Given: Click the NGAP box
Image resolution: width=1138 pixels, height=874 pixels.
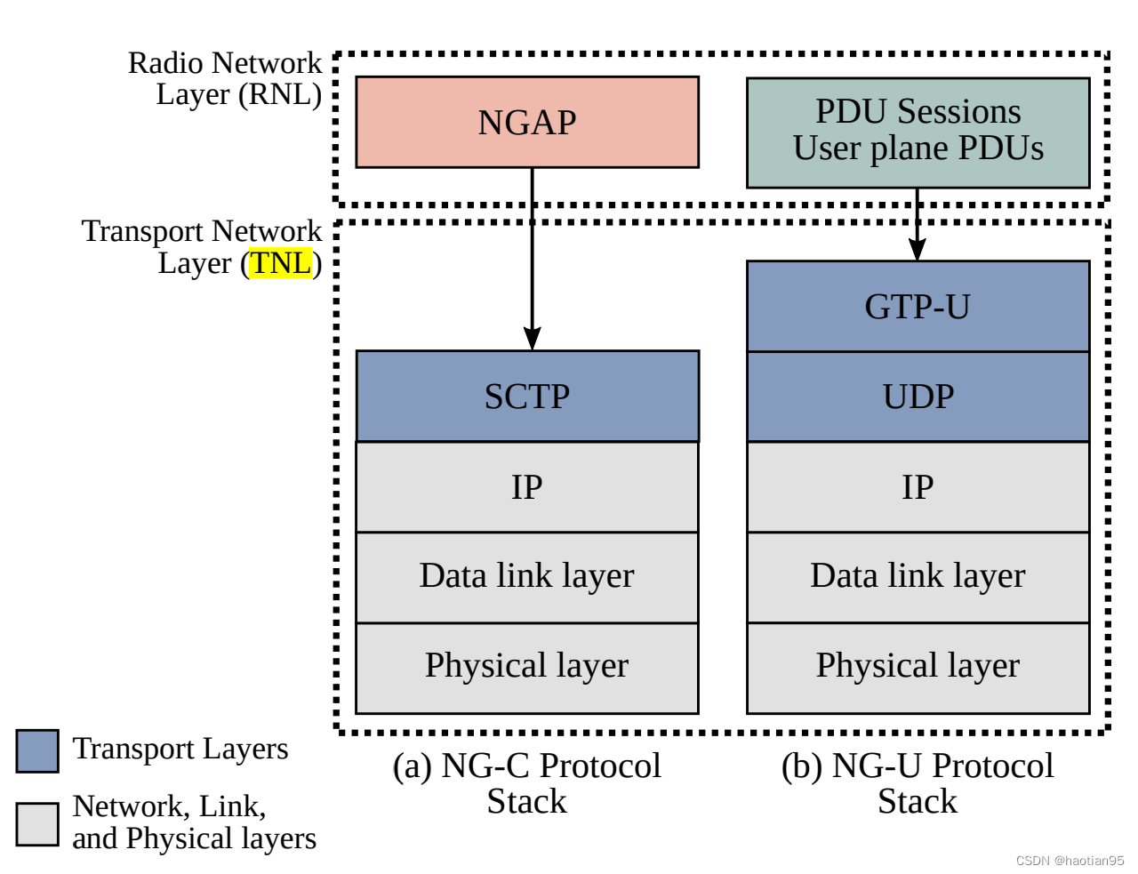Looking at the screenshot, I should click(527, 122).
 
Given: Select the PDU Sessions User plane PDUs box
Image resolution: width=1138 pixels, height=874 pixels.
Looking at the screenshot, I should click(918, 132).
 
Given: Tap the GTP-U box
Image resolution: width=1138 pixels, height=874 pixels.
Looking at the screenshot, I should click(918, 306).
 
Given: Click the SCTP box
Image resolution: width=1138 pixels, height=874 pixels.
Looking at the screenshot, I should click(527, 396).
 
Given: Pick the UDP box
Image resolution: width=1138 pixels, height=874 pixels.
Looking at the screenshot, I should click(918, 396).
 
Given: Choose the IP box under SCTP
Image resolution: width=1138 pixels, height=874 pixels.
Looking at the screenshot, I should click(527, 486).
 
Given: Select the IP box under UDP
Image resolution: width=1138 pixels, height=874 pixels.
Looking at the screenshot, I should click(918, 486).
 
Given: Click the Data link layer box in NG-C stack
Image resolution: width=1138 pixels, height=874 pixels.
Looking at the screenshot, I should click(527, 576).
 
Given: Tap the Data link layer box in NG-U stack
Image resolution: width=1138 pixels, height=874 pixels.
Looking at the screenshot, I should click(918, 576).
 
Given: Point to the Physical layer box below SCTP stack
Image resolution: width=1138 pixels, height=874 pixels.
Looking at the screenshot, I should click(527, 667).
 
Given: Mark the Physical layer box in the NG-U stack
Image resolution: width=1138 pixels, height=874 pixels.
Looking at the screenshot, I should click(918, 667).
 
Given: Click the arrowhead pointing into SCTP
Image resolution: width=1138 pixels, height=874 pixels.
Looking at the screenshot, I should click(532, 339).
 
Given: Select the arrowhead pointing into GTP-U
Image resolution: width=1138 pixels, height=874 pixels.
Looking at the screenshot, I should click(918, 249).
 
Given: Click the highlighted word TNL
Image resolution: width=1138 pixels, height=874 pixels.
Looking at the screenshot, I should click(281, 263).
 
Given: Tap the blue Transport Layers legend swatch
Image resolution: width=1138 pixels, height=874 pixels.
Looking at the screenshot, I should click(37, 751).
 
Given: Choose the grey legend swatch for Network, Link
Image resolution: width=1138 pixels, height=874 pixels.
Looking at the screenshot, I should click(37, 824).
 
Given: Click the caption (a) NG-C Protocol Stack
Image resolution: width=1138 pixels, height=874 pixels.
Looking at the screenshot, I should click(527, 783).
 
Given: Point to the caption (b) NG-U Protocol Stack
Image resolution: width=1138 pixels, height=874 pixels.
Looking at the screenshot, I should click(918, 783).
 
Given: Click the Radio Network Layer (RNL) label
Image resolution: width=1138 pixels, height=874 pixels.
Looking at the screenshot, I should click(225, 78).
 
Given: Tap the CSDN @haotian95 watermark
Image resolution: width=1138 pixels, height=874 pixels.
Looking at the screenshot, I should click(1070, 861).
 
